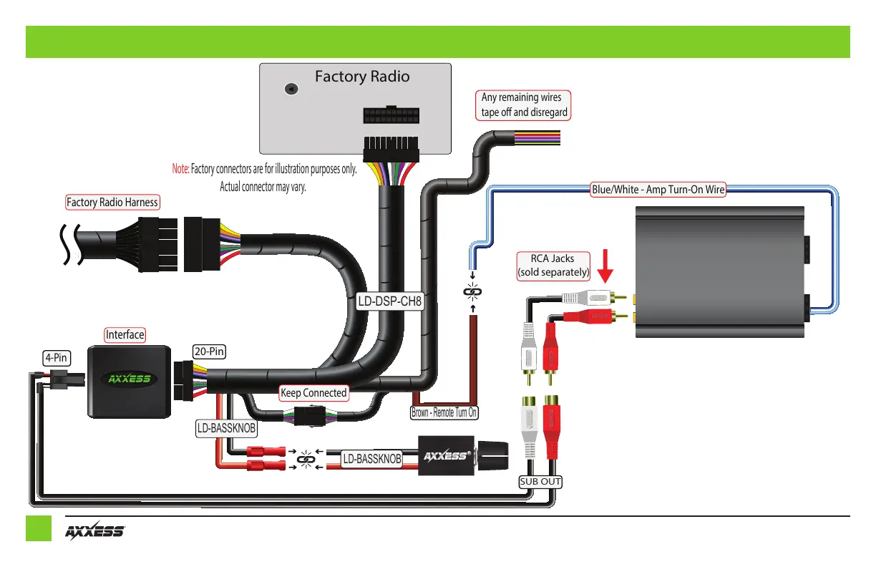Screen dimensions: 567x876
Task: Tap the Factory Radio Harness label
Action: tap(112, 203)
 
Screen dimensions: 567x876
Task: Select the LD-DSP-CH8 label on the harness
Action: tap(390, 302)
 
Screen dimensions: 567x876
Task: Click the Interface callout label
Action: tap(125, 334)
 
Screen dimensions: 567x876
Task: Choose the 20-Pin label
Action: tap(210, 352)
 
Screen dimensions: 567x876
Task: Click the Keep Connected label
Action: tap(313, 392)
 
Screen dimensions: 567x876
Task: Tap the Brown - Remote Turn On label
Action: tap(444, 412)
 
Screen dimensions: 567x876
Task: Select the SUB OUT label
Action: tap(540, 482)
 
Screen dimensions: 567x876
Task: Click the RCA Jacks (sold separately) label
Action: tap(553, 266)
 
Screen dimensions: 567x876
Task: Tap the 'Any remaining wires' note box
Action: tap(525, 105)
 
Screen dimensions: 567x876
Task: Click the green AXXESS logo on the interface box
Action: tap(129, 378)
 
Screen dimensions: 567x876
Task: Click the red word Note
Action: tap(180, 170)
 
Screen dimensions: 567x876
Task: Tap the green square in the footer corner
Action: tap(39, 528)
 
